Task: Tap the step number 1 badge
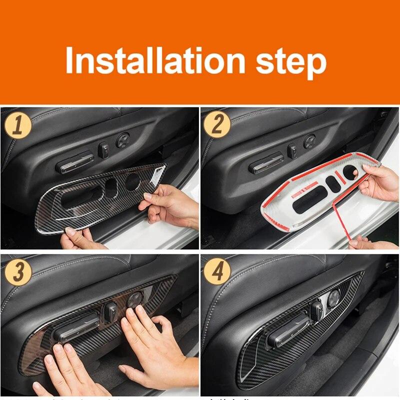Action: tap(18, 124)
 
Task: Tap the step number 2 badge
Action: tap(216, 124)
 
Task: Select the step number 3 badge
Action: tap(18, 271)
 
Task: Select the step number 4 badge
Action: tap(216, 271)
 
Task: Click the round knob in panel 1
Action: tap(123, 140)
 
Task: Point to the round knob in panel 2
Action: tap(309, 141)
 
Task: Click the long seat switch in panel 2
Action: tap(266, 163)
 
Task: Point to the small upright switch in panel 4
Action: tap(316, 311)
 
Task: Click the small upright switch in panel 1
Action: tap(105, 149)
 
